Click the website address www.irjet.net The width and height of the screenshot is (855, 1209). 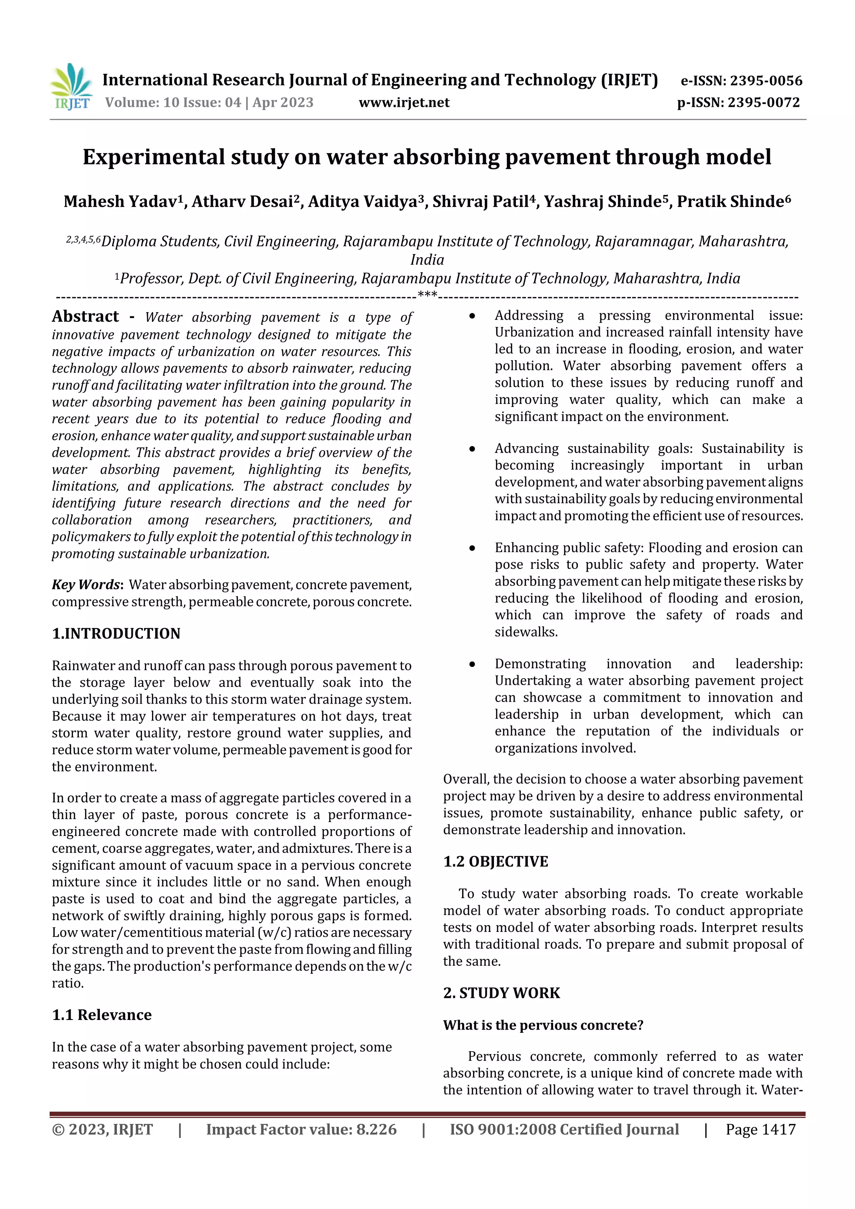[x=404, y=102]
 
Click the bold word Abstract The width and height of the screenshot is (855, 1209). [x=85, y=316]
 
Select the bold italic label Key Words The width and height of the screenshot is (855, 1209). [x=86, y=585]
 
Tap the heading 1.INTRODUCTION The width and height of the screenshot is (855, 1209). [x=116, y=634]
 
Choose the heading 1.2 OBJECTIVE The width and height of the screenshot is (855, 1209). [x=495, y=861]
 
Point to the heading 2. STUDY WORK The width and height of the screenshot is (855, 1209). [x=501, y=993]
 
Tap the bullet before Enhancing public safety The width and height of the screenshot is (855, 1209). [x=473, y=548]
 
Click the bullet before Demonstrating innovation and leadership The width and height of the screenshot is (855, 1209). [x=473, y=664]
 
